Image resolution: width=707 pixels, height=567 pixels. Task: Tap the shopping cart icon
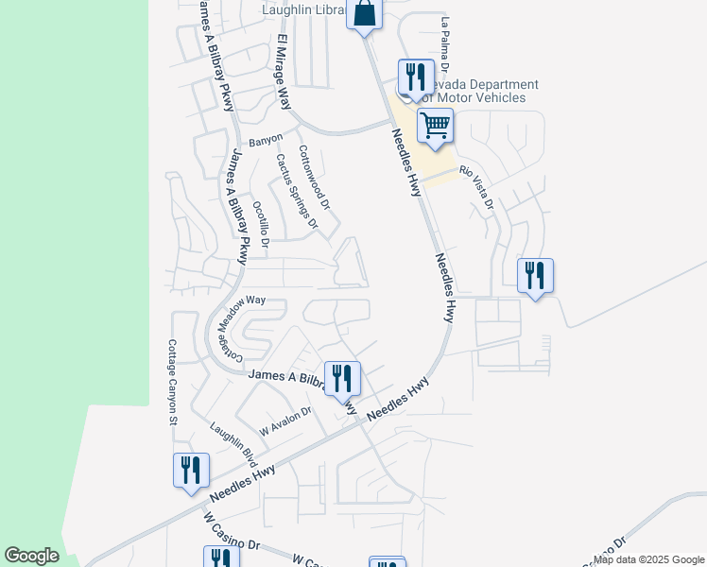tap(435, 125)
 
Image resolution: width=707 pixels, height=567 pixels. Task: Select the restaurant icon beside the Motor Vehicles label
tap(415, 76)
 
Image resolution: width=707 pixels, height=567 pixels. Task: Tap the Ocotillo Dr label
tap(261, 226)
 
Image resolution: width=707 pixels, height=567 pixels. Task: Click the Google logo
tap(31, 556)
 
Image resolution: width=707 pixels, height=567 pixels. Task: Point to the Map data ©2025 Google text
tap(649, 559)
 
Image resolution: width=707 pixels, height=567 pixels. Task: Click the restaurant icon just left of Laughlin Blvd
tap(191, 470)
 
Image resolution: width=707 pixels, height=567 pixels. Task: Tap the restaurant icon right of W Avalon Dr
tap(341, 379)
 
